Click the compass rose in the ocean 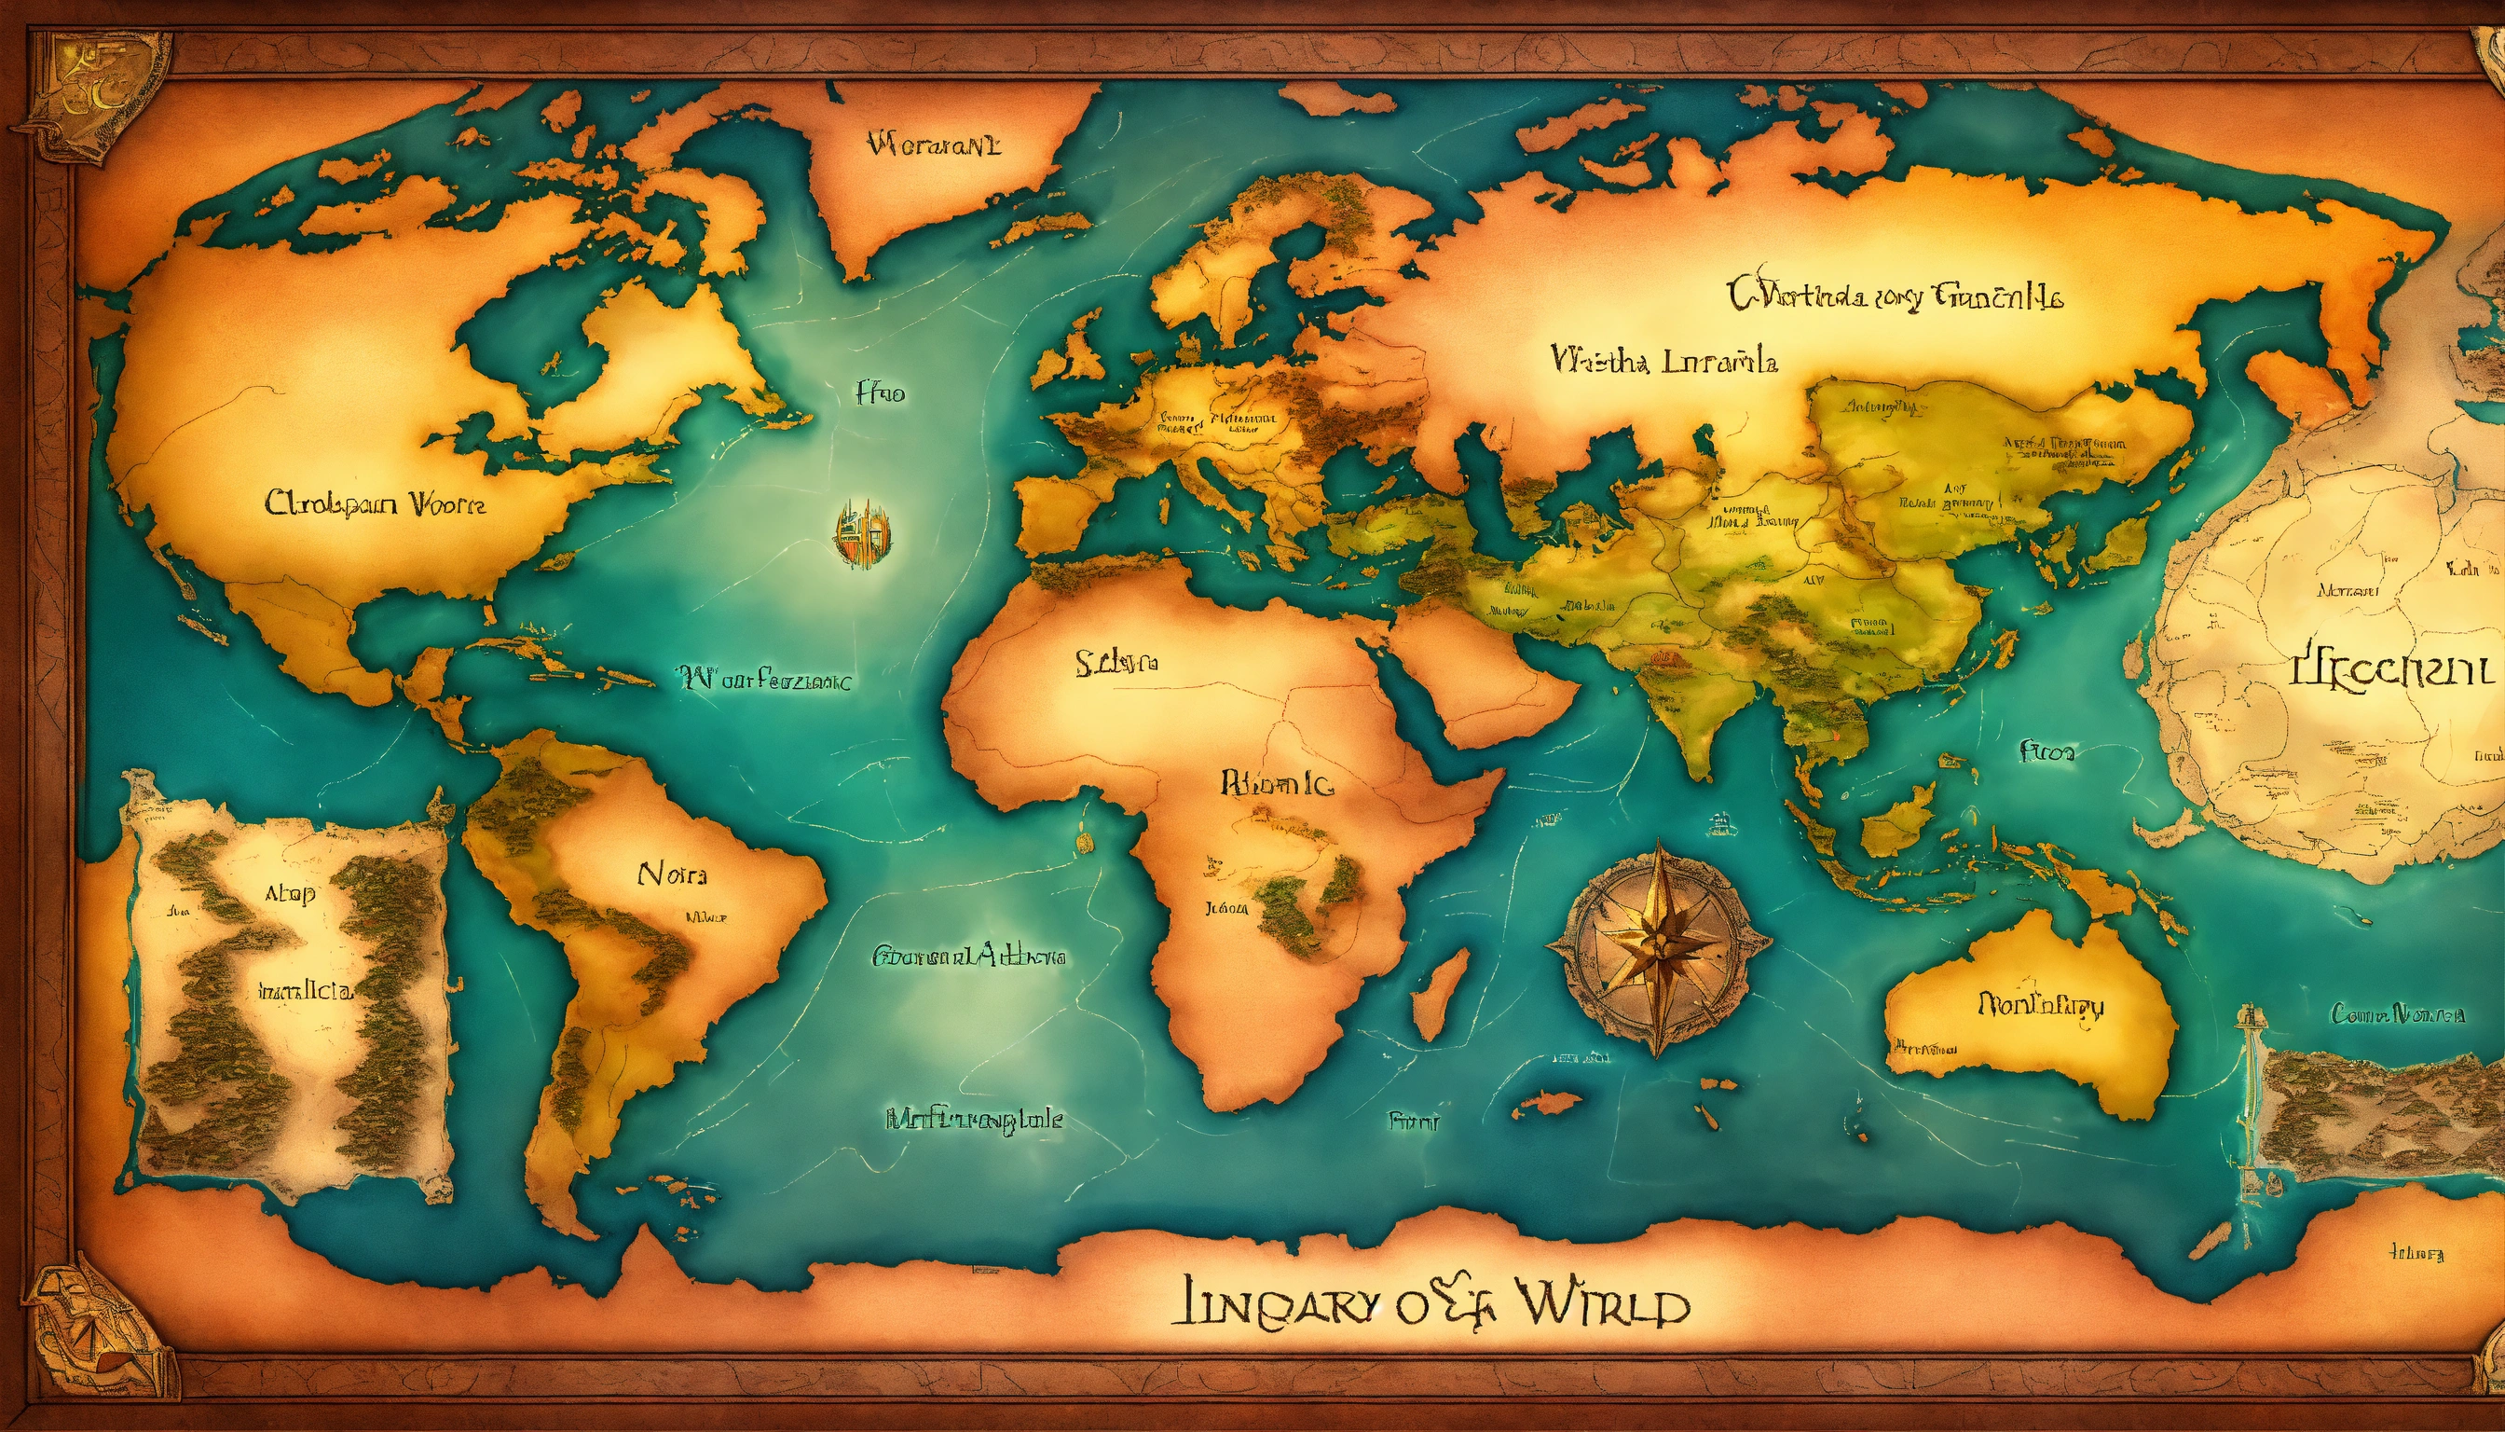1660,947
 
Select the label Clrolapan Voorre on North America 375,504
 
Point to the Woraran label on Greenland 934,146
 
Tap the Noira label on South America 673,874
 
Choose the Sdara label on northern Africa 1116,664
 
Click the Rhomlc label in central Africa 1276,784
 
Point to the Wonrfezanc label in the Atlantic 765,679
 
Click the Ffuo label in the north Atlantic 880,394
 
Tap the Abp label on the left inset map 289,893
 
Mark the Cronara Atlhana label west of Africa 968,955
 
